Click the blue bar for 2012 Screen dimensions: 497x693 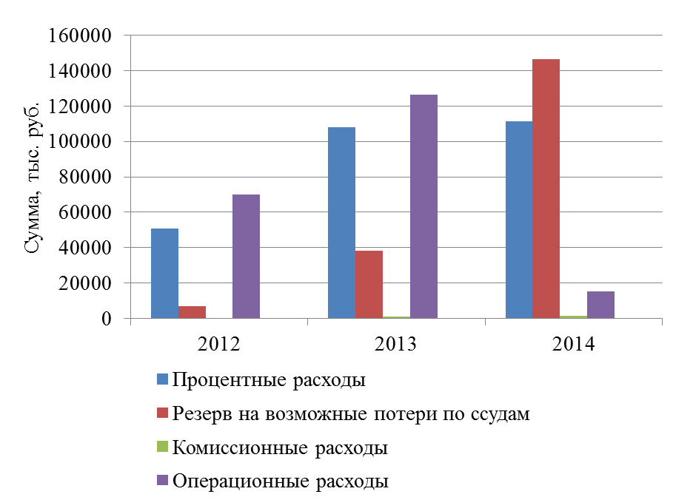pyautogui.click(x=164, y=274)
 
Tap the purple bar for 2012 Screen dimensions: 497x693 pyautogui.click(x=246, y=257)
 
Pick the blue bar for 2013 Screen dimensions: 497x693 pyautogui.click(x=341, y=223)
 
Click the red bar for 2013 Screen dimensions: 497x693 pyautogui.click(x=369, y=285)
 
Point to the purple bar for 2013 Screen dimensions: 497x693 pyautogui.click(x=423, y=206)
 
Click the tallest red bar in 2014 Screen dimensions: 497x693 pyautogui.click(x=546, y=189)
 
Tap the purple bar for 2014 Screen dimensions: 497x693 pyautogui.click(x=600, y=305)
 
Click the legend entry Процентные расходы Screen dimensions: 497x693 pyautogui.click(x=269, y=381)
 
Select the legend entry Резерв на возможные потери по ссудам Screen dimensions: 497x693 pyautogui.click(x=351, y=414)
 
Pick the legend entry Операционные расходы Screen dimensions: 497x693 pyautogui.click(x=281, y=481)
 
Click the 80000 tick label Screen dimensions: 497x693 pyautogui.click(x=84, y=177)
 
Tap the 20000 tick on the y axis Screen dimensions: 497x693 pyautogui.click(x=84, y=283)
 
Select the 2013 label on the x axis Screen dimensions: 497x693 pyautogui.click(x=396, y=345)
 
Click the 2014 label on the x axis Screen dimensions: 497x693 pyautogui.click(x=573, y=345)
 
